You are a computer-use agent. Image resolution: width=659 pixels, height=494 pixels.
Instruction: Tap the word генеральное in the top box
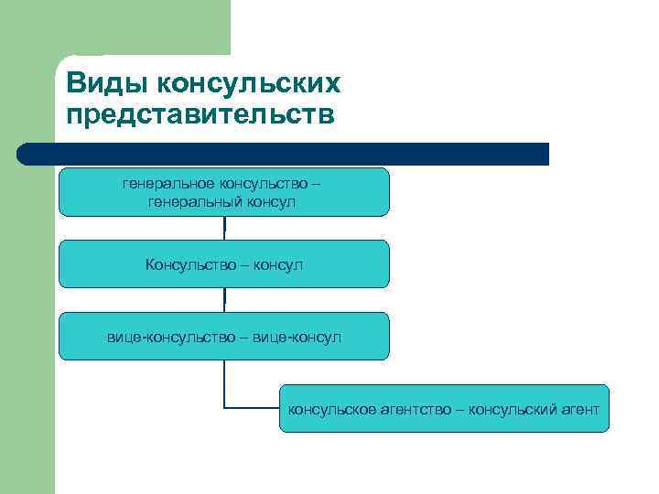point(167,183)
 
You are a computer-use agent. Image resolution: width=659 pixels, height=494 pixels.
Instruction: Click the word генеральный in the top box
point(192,200)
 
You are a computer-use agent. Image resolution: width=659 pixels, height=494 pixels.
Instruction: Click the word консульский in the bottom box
point(511,409)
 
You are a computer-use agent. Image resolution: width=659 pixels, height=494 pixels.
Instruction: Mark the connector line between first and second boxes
point(224,228)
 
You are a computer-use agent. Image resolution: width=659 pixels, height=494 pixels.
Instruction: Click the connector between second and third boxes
point(224,299)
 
